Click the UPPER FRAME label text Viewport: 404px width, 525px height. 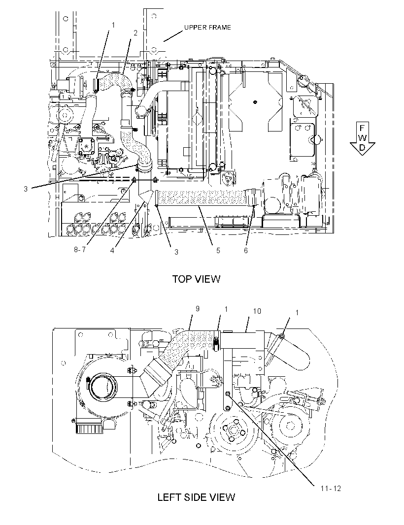coord(208,28)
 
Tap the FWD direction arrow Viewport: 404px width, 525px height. coord(362,138)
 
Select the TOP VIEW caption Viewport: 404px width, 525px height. coord(196,279)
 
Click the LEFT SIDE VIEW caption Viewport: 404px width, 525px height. coord(196,497)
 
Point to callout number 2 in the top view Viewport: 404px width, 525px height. coord(135,33)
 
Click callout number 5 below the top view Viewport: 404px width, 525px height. coord(218,251)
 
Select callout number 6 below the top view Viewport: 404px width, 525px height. coord(246,251)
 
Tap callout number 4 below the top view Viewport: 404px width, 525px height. coord(112,251)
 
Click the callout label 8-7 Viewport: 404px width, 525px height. coord(80,250)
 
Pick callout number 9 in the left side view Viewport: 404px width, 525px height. coord(198,308)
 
